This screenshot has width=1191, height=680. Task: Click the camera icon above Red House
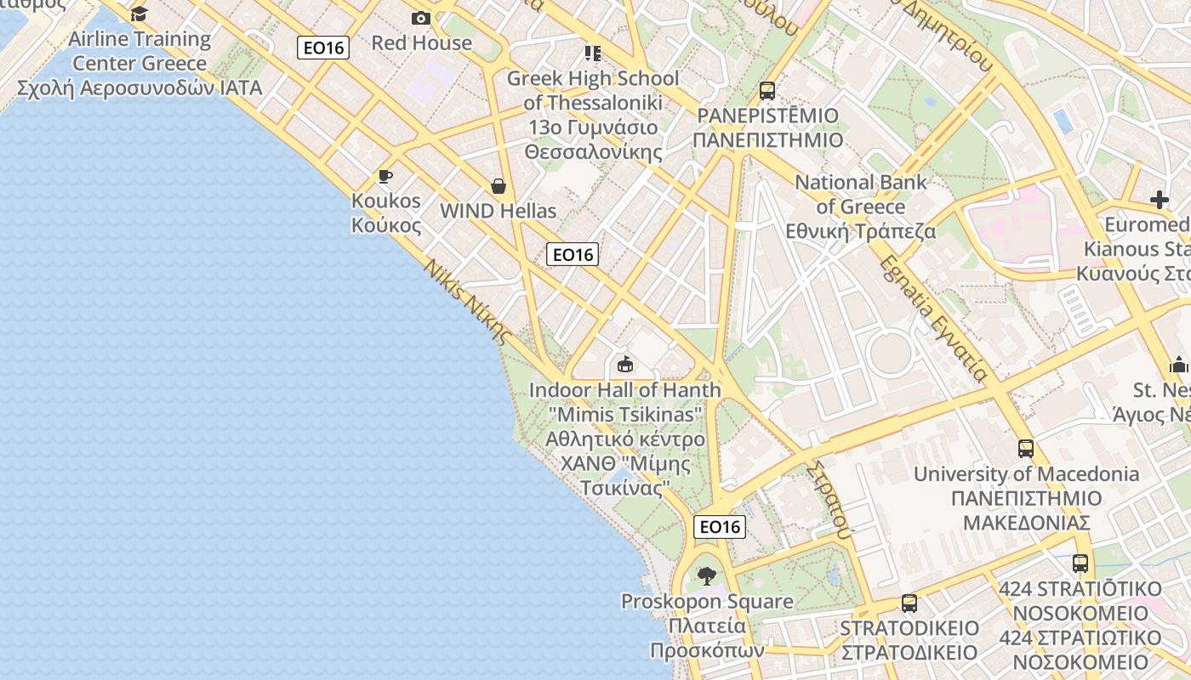tap(421, 18)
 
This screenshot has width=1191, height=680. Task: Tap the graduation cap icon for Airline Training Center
tap(140, 14)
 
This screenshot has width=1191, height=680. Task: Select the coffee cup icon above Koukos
tap(385, 177)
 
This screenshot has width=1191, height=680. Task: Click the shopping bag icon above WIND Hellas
tap(499, 186)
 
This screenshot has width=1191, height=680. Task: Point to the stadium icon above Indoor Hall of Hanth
tap(625, 365)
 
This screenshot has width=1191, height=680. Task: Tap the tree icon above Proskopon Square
tap(706, 576)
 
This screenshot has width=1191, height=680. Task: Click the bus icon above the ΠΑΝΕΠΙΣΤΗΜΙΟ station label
tap(767, 90)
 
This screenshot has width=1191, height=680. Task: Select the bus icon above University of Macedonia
tap(1026, 448)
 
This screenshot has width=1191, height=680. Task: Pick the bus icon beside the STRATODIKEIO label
tap(909, 603)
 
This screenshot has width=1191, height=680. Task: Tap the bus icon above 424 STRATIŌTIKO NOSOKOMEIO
tap(1080, 563)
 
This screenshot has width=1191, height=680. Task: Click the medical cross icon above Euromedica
tap(1160, 201)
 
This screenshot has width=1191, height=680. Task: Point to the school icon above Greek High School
tap(593, 54)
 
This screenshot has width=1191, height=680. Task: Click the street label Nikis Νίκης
tap(469, 300)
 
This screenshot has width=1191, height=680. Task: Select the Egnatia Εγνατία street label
tap(934, 318)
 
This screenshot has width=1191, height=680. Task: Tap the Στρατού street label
tap(829, 501)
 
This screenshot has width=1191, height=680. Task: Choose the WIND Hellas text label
tap(499, 211)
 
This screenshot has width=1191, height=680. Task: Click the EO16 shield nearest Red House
tap(324, 47)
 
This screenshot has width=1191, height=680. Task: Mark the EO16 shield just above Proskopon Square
tap(721, 527)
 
